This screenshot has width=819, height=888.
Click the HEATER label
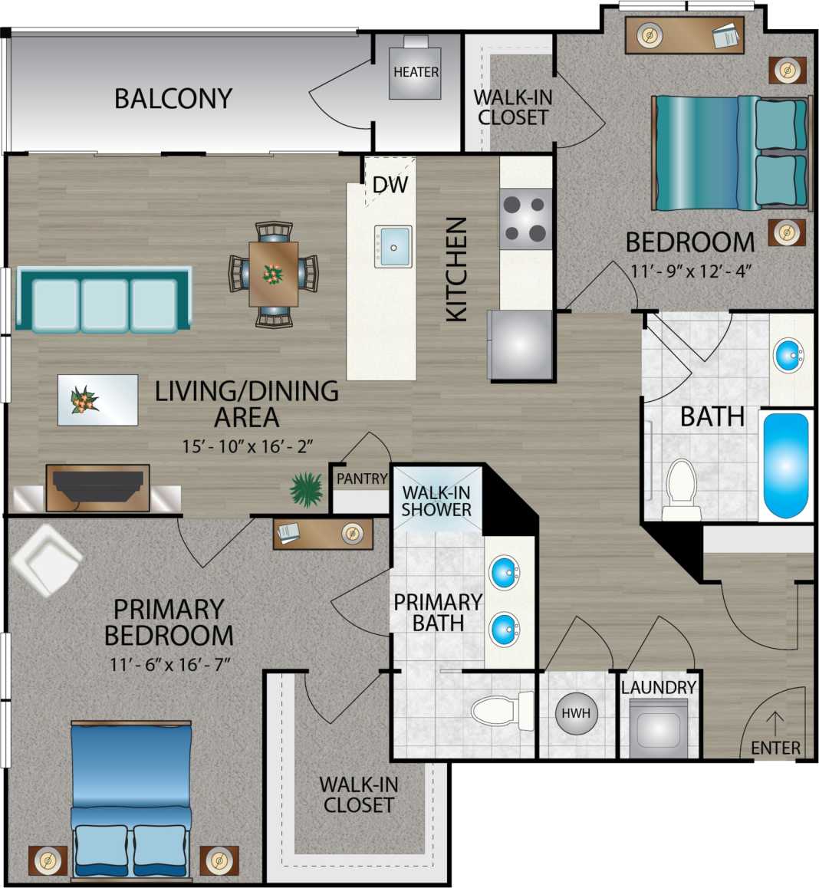(416, 72)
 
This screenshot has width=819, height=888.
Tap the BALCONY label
(173, 98)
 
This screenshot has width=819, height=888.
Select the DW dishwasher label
(390, 185)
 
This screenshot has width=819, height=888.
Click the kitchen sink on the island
(393, 246)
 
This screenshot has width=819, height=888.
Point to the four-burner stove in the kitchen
(526, 219)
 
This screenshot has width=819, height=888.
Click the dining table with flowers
(273, 274)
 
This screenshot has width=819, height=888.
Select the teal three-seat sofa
(104, 300)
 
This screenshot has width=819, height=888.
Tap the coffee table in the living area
(97, 400)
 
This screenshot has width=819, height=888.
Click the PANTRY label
(362, 479)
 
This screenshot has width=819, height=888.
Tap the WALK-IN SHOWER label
(436, 501)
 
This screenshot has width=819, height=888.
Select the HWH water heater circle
(576, 713)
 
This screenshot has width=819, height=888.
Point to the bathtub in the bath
(785, 465)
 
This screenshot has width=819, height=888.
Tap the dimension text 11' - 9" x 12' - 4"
(690, 270)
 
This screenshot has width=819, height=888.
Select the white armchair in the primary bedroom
(45, 559)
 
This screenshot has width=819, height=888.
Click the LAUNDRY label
(658, 687)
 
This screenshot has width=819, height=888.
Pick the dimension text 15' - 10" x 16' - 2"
(246, 446)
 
